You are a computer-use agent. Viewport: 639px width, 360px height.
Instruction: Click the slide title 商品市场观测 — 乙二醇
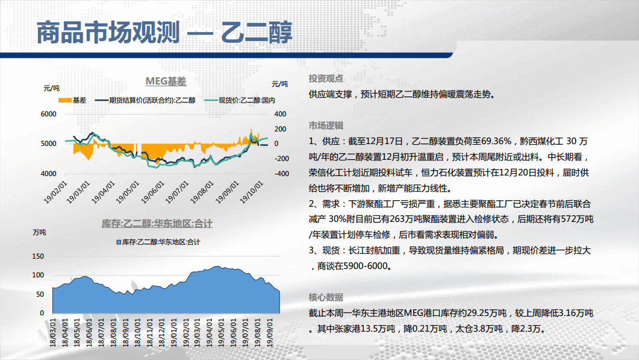pyautogui.click(x=164, y=32)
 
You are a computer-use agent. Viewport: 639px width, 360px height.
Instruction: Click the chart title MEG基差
pyautogui.click(x=166, y=81)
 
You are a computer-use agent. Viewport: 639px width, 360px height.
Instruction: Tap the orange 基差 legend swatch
pyautogui.click(x=65, y=101)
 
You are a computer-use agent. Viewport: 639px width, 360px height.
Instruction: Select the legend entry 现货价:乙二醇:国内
pyautogui.click(x=240, y=101)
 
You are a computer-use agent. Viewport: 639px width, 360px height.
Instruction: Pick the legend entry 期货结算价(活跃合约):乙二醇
pyautogui.click(x=145, y=101)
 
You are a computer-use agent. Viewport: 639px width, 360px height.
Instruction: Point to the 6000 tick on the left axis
pyautogui.click(x=49, y=114)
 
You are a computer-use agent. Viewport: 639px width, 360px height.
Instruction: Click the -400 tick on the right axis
pyautogui.click(x=281, y=174)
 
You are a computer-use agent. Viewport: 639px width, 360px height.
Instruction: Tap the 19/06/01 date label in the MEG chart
pyautogui.click(x=152, y=192)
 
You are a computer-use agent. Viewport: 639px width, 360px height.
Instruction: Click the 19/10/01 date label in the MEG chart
pyautogui.click(x=251, y=192)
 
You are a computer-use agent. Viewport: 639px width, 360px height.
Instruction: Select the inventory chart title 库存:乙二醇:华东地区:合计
pyautogui.click(x=157, y=224)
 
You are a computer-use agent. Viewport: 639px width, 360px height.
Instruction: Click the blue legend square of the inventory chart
pyautogui.click(x=119, y=242)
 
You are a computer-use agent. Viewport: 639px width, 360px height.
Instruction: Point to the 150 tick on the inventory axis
pyautogui.click(x=38, y=256)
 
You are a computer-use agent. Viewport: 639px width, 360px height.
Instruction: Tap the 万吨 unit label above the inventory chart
pyautogui.click(x=39, y=232)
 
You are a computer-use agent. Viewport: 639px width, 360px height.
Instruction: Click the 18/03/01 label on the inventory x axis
pyautogui.click(x=53, y=333)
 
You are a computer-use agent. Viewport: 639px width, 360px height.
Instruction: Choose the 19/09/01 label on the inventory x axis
pyautogui.click(x=270, y=333)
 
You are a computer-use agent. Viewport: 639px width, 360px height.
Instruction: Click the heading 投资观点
pyautogui.click(x=326, y=78)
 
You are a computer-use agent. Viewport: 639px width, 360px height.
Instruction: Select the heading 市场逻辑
pyautogui.click(x=326, y=125)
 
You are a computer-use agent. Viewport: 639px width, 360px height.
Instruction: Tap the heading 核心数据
pyautogui.click(x=326, y=297)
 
